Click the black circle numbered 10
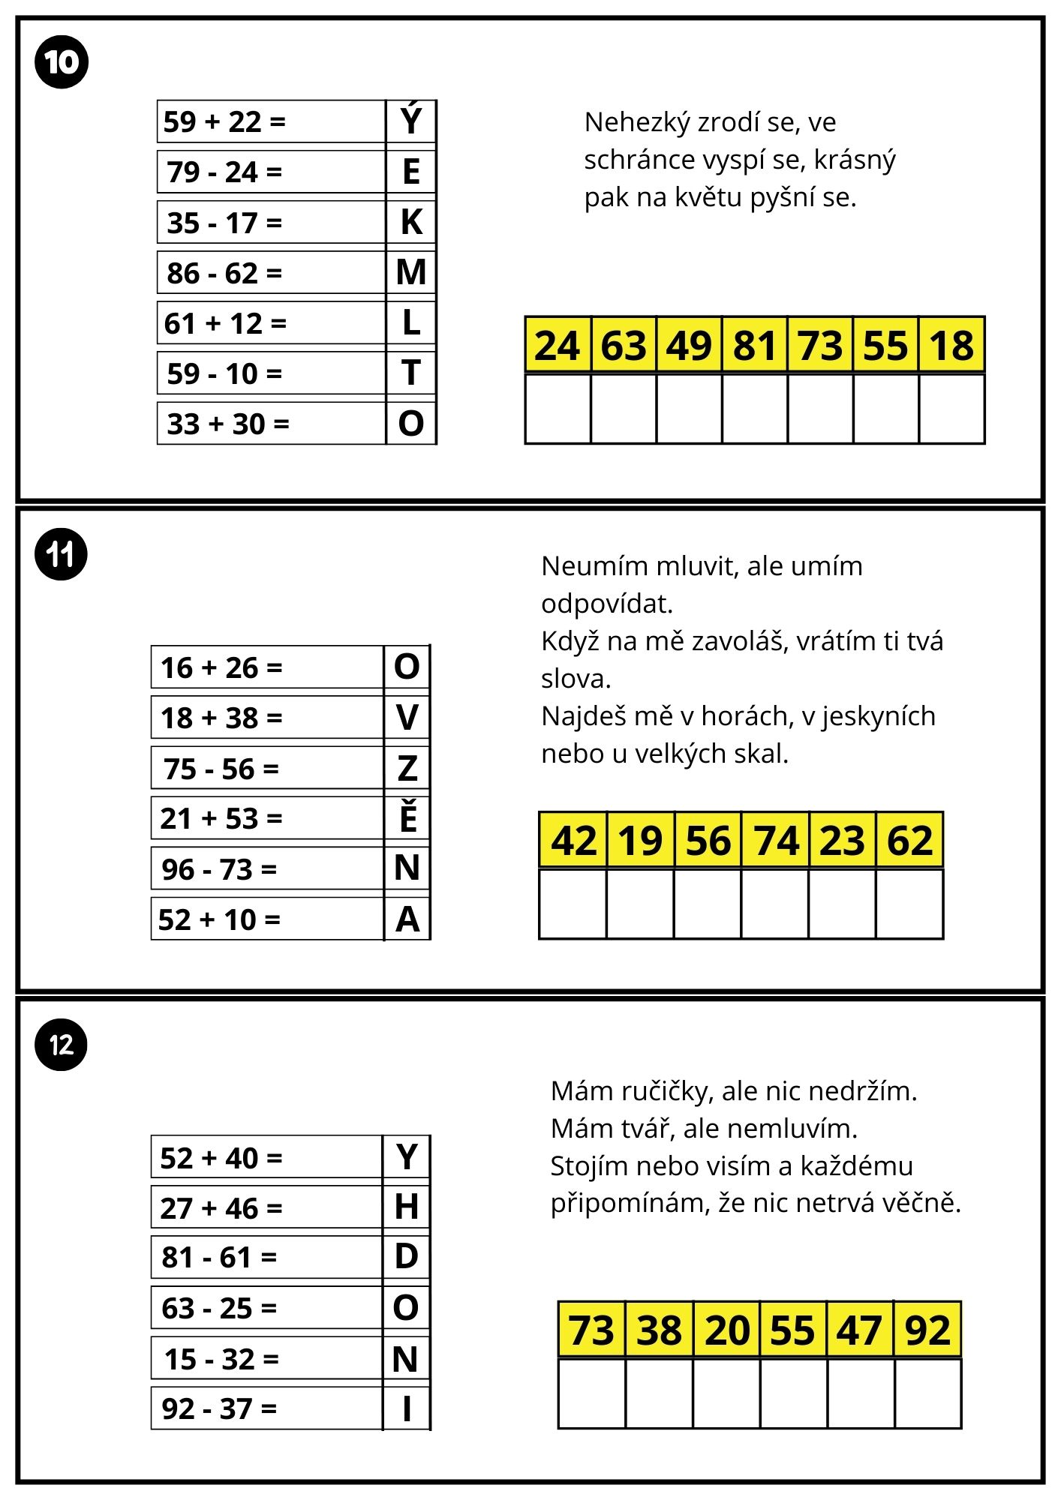tap(62, 61)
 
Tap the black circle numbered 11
tap(62, 555)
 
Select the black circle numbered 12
tap(62, 1044)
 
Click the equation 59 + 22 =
tap(224, 121)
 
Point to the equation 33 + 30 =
tap(227, 424)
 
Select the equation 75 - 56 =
tap(221, 769)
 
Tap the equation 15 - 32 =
tap(221, 1358)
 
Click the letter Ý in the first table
tap(411, 120)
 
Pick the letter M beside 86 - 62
tap(411, 272)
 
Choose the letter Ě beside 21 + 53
tap(407, 817)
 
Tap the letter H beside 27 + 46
tap(407, 1207)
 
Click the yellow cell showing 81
tap(755, 346)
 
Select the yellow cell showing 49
tap(689, 346)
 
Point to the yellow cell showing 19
tap(640, 840)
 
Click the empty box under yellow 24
tap(558, 409)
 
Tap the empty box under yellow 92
tap(928, 1393)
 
